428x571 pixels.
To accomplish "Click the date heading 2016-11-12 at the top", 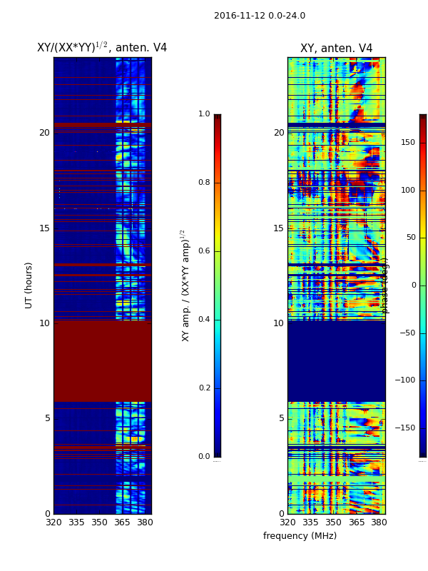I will (259, 16).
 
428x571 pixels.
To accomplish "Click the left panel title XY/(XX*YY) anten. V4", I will (102, 48).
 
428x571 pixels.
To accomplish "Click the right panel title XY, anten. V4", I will (336, 49).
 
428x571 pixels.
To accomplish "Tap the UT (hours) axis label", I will (29, 285).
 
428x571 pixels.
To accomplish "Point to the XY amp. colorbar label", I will (185, 285).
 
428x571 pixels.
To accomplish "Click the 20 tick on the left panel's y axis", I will (44, 133).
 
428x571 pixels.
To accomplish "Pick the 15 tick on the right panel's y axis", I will (278, 228).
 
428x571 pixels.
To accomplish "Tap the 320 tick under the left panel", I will (53, 522).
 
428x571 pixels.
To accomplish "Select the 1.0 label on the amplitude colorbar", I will (204, 114).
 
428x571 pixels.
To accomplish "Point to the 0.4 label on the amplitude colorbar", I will (204, 319).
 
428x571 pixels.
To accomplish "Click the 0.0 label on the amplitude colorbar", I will (204, 457).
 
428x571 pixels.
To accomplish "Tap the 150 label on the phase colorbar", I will (408, 143).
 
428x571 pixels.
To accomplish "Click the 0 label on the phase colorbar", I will (412, 285).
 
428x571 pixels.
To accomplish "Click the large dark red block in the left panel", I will (102, 360).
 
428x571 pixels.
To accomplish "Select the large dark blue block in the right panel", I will (336, 360).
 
